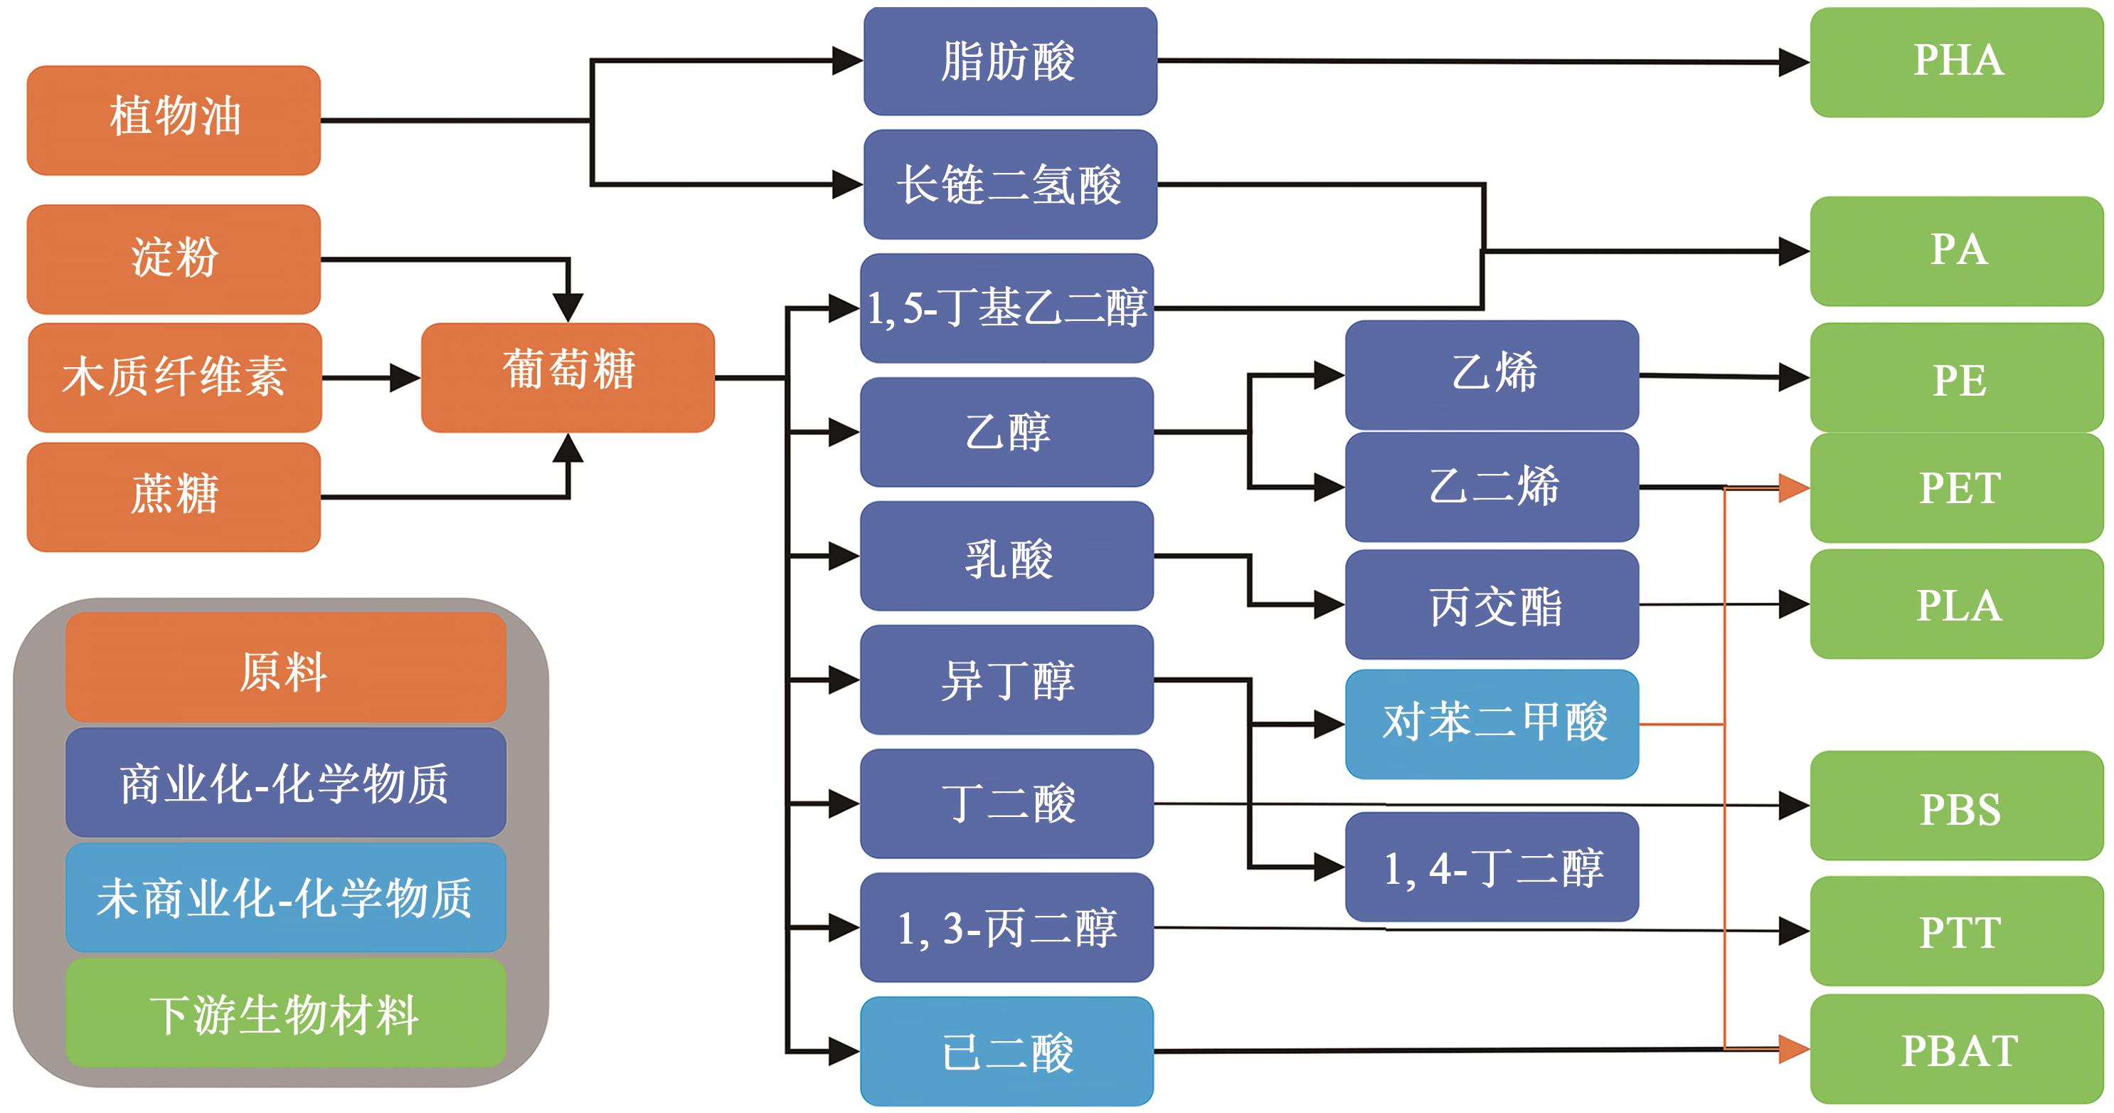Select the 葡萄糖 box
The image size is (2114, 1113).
(567, 376)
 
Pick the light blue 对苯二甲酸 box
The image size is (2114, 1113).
(1491, 724)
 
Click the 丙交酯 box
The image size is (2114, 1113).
(1491, 605)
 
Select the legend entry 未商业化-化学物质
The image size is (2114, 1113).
(285, 897)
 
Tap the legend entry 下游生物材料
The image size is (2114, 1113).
(285, 1013)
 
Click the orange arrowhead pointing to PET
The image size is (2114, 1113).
(1793, 487)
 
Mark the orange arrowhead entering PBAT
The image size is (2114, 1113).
(1793, 1048)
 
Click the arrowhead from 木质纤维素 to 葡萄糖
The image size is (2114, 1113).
(404, 378)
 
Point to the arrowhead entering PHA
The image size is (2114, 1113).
(1793, 63)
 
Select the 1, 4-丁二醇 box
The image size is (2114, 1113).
(1491, 867)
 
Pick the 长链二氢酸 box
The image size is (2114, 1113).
(1009, 184)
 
